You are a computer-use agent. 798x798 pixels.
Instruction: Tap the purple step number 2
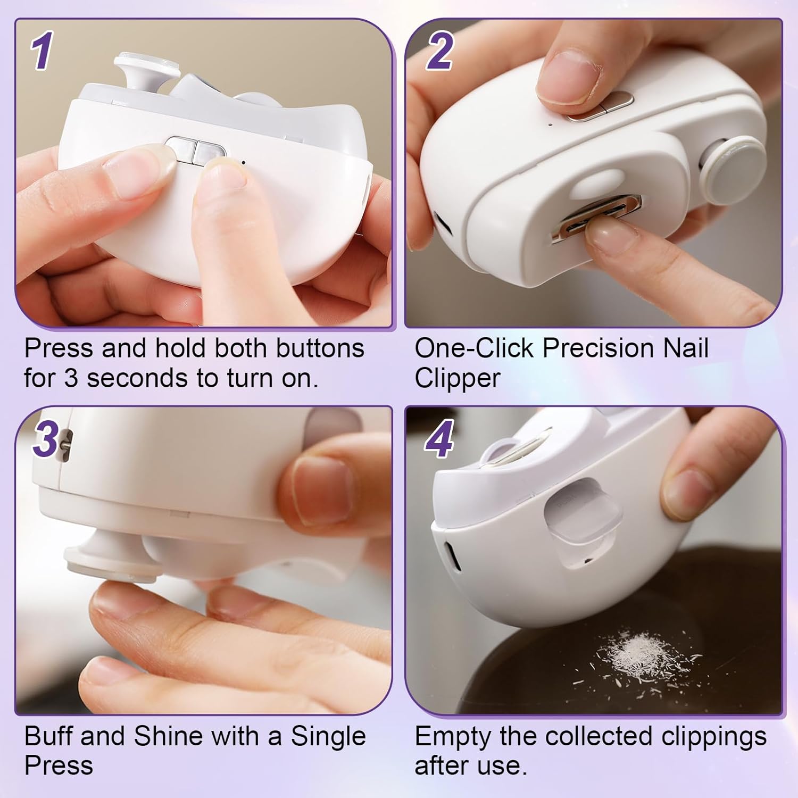(439, 51)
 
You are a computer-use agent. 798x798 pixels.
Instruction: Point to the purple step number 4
(439, 439)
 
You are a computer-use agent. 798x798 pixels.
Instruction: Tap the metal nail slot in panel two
(596, 218)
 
